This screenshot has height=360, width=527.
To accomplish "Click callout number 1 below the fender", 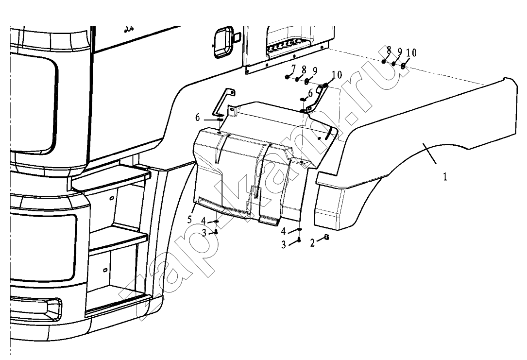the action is [445, 176].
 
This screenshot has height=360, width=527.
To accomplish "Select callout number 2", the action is [312, 243].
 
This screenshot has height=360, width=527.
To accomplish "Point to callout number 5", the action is [189, 220].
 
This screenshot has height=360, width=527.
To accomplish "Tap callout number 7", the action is [293, 69].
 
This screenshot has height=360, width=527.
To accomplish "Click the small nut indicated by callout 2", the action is [326, 237].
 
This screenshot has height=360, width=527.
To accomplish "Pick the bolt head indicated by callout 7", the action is [287, 77].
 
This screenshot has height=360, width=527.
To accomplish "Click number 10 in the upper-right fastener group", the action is [411, 53].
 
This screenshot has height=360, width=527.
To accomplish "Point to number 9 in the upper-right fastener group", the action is [400, 52].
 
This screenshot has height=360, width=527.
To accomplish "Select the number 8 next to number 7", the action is [304, 70].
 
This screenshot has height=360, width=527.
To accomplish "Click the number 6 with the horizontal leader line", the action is [198, 118].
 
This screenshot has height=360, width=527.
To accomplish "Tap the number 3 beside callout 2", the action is [284, 245].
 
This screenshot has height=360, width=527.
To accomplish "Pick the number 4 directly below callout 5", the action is [204, 221].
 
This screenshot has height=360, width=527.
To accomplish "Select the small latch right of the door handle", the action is [238, 36].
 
